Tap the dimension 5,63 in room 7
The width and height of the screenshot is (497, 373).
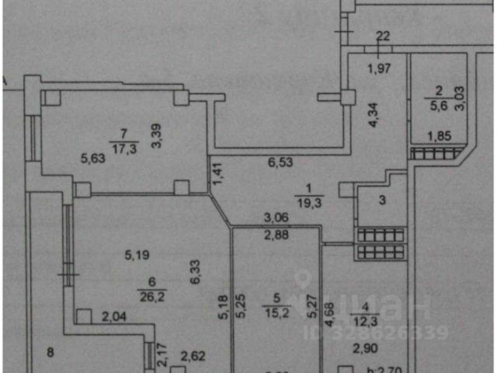(x=94, y=159)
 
